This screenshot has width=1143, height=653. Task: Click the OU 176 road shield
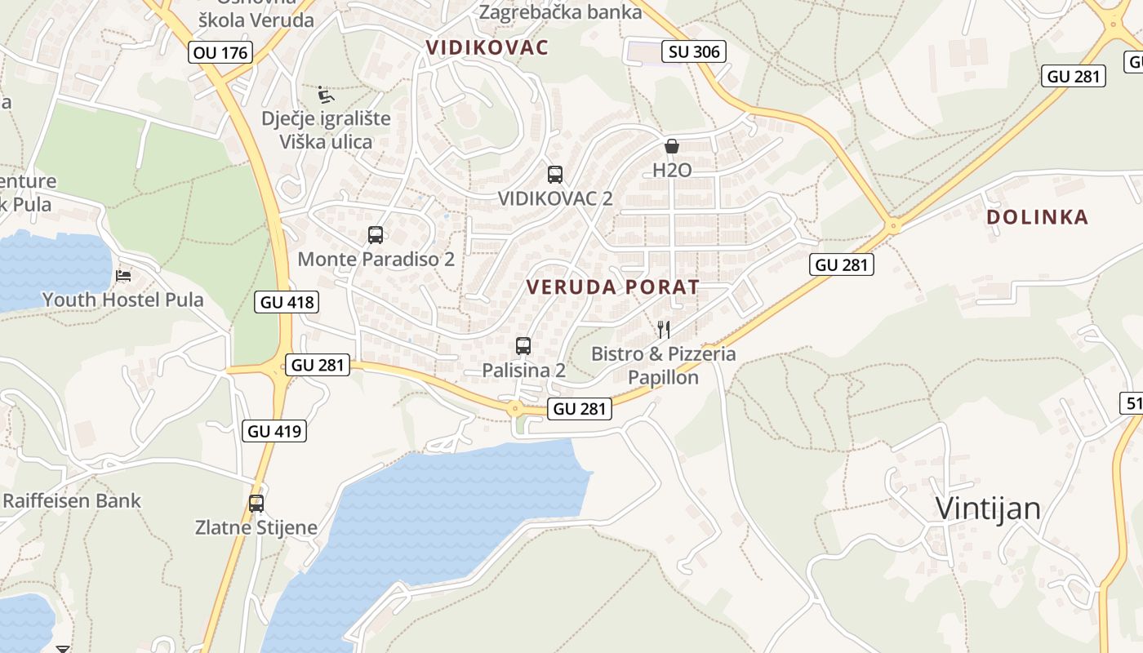(220, 53)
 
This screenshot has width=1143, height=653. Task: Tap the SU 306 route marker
(694, 51)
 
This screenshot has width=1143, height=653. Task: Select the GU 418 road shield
(286, 302)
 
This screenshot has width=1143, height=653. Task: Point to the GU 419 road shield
(274, 431)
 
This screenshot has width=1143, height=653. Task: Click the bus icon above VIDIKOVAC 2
(555, 174)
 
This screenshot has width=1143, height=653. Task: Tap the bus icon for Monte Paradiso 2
(376, 235)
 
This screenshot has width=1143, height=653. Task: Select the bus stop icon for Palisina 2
(523, 346)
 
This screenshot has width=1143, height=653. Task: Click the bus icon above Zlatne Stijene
(256, 503)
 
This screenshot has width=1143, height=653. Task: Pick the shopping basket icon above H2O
(672, 146)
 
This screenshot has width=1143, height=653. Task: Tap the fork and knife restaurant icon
(664, 330)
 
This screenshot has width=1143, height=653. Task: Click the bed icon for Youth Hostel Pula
(123, 276)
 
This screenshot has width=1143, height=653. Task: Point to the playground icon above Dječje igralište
(326, 95)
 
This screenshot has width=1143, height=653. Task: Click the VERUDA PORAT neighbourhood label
(613, 287)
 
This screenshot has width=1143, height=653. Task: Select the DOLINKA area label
(1037, 217)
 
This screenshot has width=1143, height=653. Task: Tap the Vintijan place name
(988, 509)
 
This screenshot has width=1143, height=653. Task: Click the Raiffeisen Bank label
(72, 500)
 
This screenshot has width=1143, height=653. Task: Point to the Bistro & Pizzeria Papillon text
(664, 366)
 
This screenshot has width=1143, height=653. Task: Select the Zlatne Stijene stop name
(256, 527)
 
